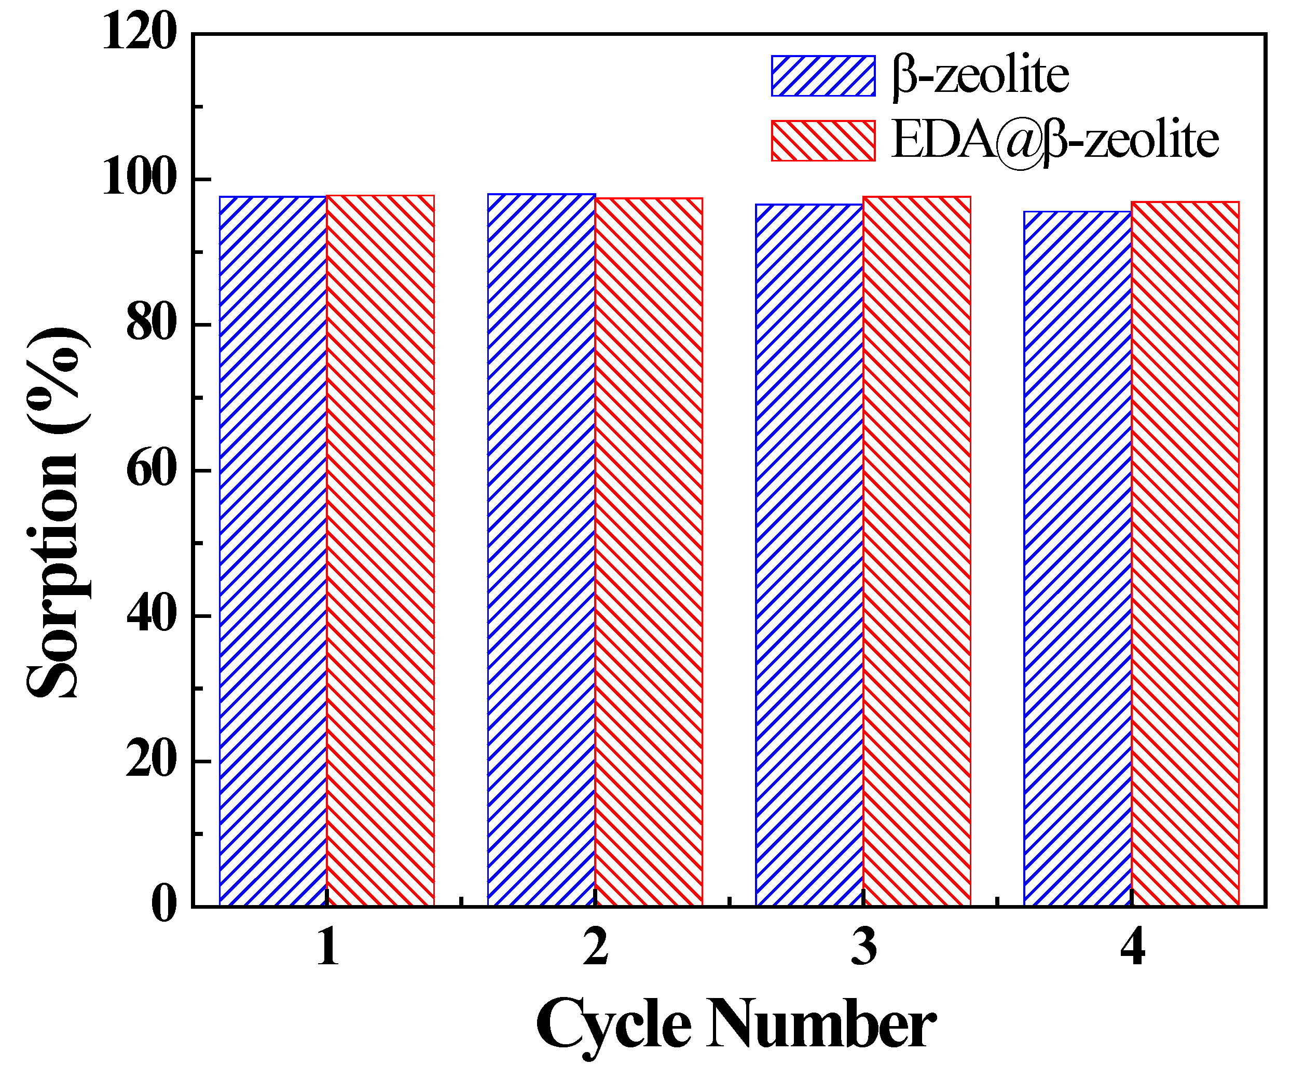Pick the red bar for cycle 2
pyautogui.click(x=649, y=551)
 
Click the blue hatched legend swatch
pyautogui.click(x=822, y=76)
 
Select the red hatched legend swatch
pyautogui.click(x=822, y=141)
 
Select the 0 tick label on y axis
pyautogui.click(x=163, y=905)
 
